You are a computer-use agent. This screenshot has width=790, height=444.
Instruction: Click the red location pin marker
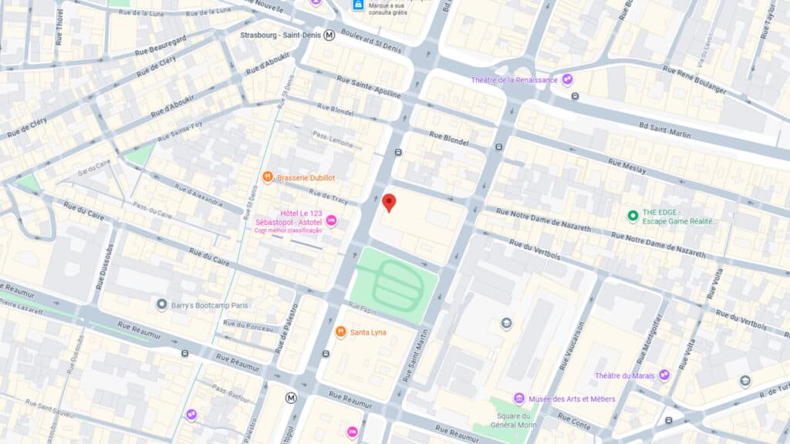point(389,202)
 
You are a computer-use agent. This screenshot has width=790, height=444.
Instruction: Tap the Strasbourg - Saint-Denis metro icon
point(329,35)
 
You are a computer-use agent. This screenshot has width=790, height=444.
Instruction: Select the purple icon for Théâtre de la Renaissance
point(568,79)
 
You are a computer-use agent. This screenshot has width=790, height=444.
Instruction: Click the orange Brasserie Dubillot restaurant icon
point(268,177)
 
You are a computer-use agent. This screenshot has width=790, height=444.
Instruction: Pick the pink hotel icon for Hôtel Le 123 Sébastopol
point(331,221)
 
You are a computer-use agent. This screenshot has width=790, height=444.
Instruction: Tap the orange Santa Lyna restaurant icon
point(340,332)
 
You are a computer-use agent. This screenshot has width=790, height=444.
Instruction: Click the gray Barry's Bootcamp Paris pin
point(161,304)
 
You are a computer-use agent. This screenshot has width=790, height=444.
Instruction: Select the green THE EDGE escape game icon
point(633,216)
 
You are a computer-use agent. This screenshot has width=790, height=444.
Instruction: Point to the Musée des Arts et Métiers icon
point(518,399)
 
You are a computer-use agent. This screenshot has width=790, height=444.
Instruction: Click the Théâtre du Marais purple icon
point(663,375)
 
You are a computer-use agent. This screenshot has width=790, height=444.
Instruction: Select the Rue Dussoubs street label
point(104,267)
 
